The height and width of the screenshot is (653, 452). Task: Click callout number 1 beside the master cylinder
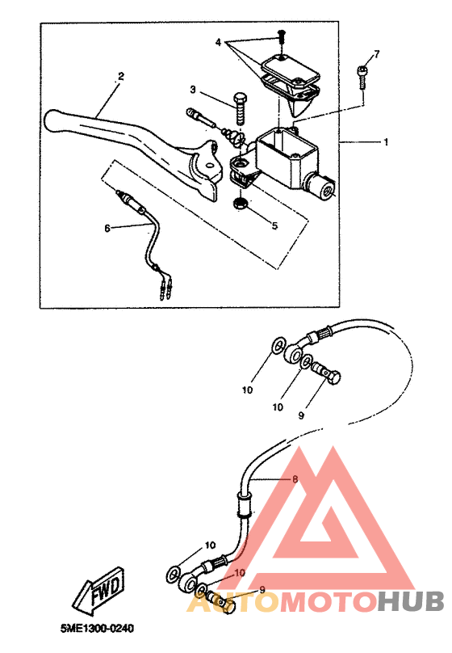[x=387, y=142]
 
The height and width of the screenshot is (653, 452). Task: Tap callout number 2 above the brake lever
[x=121, y=76]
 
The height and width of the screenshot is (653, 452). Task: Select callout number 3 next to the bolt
[x=193, y=90]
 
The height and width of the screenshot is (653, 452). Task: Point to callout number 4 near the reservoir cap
[x=218, y=43]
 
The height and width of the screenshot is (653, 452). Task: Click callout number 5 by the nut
[x=274, y=225]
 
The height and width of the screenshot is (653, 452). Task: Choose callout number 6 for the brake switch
[x=107, y=228]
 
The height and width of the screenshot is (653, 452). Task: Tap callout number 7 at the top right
[x=377, y=54]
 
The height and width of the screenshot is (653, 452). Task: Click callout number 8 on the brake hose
[x=295, y=479]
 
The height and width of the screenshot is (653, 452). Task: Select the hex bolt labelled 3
[x=241, y=108]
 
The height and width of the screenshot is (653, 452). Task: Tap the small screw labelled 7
[x=362, y=77]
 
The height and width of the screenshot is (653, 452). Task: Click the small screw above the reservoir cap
[x=282, y=36]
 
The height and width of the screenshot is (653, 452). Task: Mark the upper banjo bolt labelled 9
[x=325, y=372]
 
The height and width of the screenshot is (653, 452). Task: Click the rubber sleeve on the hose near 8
[x=244, y=504]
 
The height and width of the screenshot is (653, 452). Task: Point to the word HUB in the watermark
[x=411, y=602]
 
